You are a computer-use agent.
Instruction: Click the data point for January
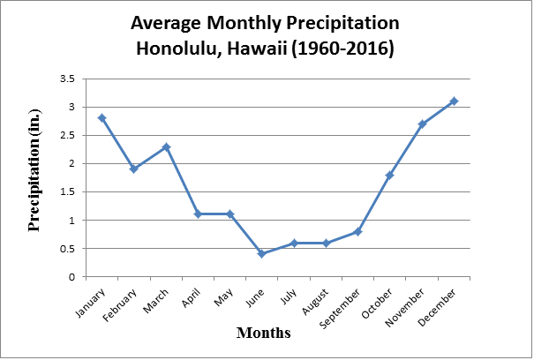click(x=102, y=117)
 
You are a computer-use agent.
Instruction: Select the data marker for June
click(x=261, y=253)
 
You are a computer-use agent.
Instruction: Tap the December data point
click(x=454, y=101)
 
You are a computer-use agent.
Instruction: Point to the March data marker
click(x=166, y=146)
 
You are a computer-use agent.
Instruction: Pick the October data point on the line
click(x=389, y=175)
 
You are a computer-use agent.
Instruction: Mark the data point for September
click(x=357, y=231)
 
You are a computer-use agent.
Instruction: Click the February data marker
click(x=133, y=169)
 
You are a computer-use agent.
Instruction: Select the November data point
click(x=422, y=124)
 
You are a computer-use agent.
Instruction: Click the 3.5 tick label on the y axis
click(x=68, y=79)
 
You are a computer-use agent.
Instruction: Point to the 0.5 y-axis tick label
click(x=68, y=248)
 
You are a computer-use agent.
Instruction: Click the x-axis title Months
click(x=263, y=334)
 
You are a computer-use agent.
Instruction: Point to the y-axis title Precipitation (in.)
click(x=34, y=177)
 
